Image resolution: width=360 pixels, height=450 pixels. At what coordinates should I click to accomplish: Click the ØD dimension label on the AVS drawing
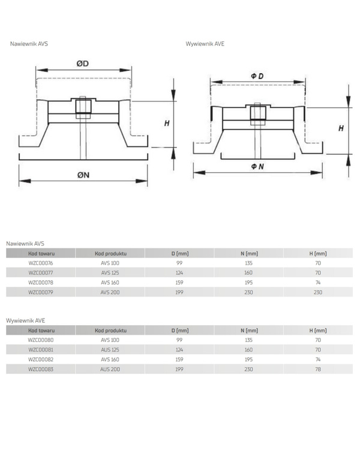(x=83, y=64)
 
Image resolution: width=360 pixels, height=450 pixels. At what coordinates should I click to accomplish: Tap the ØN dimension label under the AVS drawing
(x=83, y=175)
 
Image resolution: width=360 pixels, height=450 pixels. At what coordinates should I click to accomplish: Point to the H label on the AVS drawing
(x=167, y=124)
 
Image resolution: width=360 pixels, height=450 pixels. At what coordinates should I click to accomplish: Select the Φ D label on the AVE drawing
(x=257, y=76)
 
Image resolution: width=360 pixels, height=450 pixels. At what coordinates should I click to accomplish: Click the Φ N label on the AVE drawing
(x=257, y=166)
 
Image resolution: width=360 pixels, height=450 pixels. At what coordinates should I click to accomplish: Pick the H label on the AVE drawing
(x=341, y=128)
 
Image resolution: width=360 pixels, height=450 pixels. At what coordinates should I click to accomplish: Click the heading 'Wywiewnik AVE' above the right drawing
(x=205, y=44)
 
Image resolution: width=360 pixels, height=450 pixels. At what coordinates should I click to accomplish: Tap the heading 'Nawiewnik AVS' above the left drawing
(x=29, y=44)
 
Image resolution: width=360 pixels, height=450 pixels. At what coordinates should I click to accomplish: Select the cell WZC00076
(x=40, y=263)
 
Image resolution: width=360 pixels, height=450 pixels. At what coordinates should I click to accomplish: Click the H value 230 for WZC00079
(x=318, y=292)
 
